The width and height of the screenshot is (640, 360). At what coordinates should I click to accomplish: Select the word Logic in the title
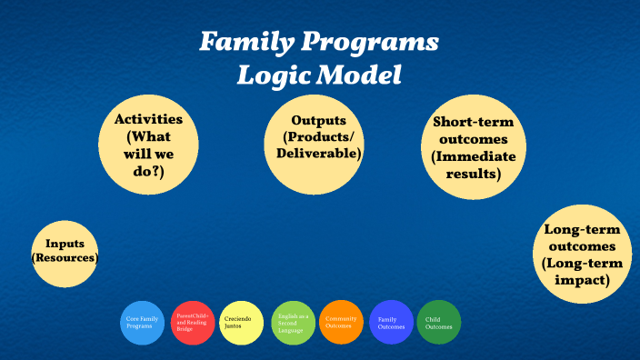coord(270,75)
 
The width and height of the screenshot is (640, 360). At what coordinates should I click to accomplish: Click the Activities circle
coord(148,144)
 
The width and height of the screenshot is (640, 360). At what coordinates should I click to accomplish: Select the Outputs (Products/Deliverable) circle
coord(314,144)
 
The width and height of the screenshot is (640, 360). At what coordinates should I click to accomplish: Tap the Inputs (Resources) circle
coord(65,252)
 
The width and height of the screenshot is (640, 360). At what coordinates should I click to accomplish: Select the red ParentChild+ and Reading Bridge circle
coord(193,323)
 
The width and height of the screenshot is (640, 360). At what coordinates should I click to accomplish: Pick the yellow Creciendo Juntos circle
coord(242,323)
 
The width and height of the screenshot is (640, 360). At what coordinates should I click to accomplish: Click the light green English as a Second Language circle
coord(292,323)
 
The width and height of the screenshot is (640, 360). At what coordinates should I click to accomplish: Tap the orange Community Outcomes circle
coord(341,323)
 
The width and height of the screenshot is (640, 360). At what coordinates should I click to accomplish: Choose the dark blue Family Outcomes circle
coord(391,323)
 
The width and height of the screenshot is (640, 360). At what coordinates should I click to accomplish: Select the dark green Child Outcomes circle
coord(439,323)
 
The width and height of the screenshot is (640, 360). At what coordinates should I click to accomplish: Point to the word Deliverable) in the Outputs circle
coord(319,154)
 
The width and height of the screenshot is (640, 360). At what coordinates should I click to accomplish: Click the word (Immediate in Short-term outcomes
coord(474,156)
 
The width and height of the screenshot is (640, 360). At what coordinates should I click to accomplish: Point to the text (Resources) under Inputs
coord(65,259)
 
